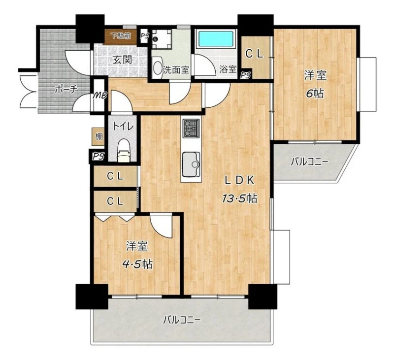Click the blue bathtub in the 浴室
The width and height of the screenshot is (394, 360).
[x=217, y=39]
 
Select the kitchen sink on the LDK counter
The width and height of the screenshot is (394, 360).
[x=191, y=164]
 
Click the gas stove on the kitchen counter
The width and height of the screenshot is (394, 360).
[x=191, y=129]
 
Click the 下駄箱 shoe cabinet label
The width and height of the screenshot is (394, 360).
[x=121, y=36]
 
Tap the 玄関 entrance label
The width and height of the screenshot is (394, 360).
[x=122, y=60]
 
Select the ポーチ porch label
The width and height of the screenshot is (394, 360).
[x=66, y=90]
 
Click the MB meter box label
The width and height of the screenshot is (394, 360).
[x=100, y=96]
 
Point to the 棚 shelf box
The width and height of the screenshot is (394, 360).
[x=98, y=137]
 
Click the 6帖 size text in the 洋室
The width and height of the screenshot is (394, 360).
[x=315, y=94]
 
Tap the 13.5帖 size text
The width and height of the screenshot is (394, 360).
[x=239, y=199]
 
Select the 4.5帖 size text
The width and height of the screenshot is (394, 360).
[x=137, y=264]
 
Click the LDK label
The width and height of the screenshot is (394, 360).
[x=240, y=180]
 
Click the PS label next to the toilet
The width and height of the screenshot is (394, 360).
[x=98, y=157]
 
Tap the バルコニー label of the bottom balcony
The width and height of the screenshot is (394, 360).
[x=182, y=320]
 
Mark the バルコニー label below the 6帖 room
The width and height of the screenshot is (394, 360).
[x=309, y=162]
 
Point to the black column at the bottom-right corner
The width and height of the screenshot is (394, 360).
[x=263, y=296]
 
